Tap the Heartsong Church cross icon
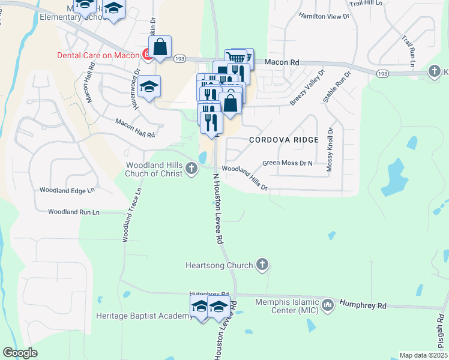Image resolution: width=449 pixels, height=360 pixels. pyautogui.click(x=262, y=265)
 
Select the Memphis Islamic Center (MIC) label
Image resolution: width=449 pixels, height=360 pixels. pyautogui.click(x=286, y=306)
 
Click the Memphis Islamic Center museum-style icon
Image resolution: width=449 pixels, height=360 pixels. pyautogui.click(x=328, y=306)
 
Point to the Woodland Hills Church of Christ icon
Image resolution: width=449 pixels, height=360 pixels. pyautogui.click(x=191, y=169)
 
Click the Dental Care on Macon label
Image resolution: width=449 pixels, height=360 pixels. pyautogui.click(x=98, y=55)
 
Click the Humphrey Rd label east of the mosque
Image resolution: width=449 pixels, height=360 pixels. pyautogui.click(x=363, y=305)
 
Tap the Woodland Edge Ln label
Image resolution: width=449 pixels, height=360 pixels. pyautogui.click(x=67, y=190)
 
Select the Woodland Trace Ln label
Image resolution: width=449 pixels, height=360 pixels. pyautogui.click(x=132, y=215)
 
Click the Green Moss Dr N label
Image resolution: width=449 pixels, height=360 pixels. pyautogui.click(x=288, y=163)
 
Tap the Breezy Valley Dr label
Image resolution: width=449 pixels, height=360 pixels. pyautogui.click(x=307, y=88)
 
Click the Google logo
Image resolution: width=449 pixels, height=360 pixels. pyautogui.click(x=20, y=353)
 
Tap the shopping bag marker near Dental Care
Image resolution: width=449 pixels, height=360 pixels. pyautogui.click(x=160, y=47)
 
